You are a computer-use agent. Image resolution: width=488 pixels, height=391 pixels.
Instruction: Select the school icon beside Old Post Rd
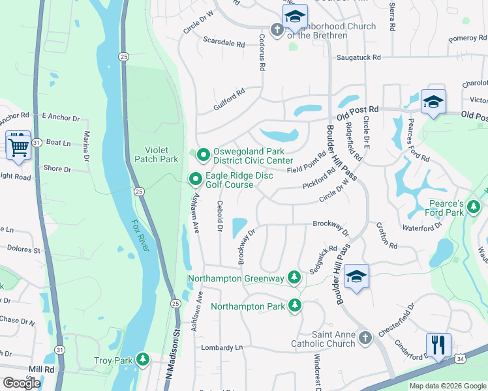[433, 102]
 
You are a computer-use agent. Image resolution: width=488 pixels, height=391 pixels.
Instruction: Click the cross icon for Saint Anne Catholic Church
[365, 338]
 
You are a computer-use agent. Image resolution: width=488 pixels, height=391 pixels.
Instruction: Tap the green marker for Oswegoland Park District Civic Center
[204, 155]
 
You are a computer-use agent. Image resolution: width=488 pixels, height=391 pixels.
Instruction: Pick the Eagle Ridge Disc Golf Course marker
[195, 179]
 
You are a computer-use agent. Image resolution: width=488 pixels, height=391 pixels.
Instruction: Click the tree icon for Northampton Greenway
[294, 278]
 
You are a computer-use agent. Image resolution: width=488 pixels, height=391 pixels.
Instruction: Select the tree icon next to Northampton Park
[295, 306]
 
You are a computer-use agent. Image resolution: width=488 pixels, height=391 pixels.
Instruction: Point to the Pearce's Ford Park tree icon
[474, 208]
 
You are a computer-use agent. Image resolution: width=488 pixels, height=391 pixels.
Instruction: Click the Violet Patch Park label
[156, 154]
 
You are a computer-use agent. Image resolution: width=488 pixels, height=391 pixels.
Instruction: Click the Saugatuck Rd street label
[358, 57]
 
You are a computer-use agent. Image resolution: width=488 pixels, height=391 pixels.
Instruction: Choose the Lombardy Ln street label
[221, 347]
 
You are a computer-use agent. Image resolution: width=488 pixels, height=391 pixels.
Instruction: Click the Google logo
[22, 383]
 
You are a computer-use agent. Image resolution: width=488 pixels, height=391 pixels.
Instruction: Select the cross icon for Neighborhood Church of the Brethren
[277, 30]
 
